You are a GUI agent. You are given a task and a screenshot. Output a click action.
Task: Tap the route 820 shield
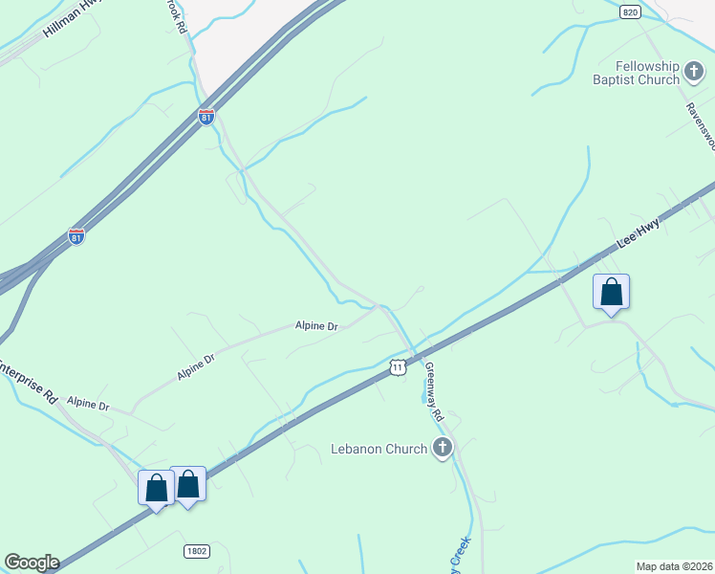629,11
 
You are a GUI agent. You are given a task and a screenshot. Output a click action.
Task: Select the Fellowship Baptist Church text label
647,73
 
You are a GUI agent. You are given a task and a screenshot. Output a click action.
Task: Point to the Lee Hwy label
638,235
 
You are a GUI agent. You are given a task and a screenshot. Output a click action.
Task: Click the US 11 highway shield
398,366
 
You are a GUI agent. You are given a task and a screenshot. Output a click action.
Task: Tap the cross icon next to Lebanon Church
442,447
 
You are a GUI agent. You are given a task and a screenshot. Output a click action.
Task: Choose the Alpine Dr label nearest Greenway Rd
317,326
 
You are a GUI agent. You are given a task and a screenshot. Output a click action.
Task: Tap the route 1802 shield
196,552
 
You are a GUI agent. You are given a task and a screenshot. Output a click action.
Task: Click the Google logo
32,563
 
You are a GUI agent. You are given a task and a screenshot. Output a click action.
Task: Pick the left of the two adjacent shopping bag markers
157,488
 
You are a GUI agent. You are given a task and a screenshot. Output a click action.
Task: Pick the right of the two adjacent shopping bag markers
188,484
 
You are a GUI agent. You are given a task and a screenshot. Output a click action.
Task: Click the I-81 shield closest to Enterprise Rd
76,236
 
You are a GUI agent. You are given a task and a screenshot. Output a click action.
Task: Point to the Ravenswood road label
701,125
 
